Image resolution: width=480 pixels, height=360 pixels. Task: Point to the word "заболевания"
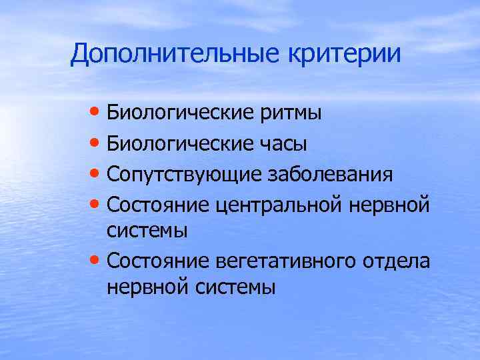point(330,175)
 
